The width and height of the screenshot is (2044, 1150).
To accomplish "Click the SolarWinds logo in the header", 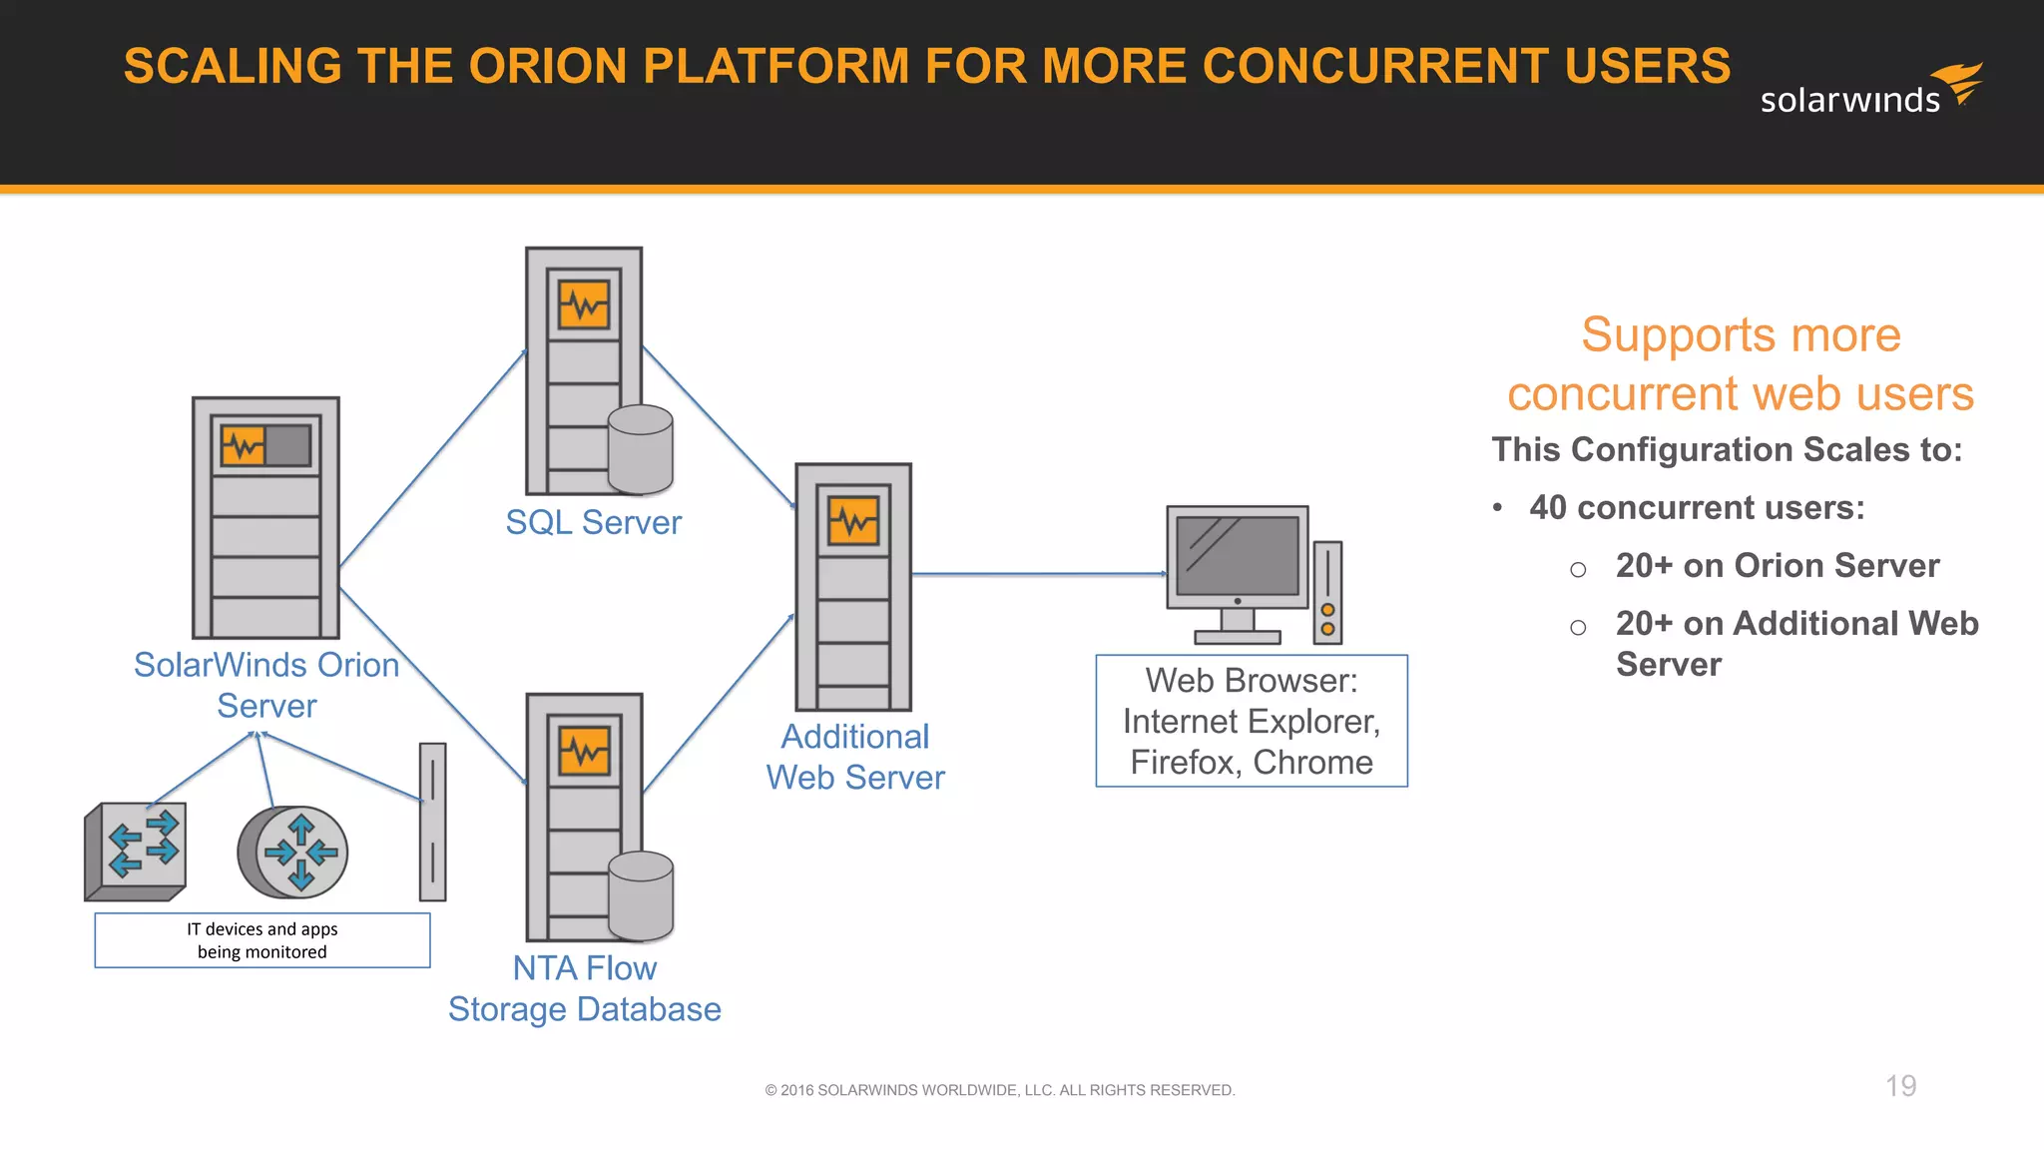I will click(1869, 90).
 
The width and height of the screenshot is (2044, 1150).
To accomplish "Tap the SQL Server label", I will click(593, 523).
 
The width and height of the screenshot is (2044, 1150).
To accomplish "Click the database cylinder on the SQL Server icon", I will click(640, 450).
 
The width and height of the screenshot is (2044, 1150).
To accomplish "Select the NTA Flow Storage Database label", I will click(585, 988).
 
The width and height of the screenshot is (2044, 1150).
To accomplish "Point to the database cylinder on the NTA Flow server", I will click(640, 896).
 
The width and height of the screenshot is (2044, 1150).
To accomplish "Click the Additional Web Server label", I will click(855, 757).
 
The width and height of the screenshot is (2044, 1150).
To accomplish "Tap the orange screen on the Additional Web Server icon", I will click(853, 521).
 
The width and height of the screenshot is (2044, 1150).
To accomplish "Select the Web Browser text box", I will click(1252, 721).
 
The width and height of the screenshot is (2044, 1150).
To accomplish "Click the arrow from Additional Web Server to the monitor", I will click(1038, 574).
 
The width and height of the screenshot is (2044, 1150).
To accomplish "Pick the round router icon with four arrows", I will click(292, 853).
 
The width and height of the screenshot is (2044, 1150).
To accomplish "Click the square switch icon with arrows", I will click(137, 851).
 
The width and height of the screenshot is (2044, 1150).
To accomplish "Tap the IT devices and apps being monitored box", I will click(262, 940).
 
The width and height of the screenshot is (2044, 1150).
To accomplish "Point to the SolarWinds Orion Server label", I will click(266, 685).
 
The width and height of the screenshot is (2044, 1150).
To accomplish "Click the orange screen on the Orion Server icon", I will click(244, 445).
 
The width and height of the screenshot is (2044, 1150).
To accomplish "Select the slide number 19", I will click(1900, 1086).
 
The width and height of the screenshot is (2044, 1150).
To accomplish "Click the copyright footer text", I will click(1000, 1090).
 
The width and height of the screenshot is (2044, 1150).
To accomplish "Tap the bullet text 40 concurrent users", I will click(1697, 508).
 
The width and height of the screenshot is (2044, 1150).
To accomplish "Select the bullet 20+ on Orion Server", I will click(1778, 566).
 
